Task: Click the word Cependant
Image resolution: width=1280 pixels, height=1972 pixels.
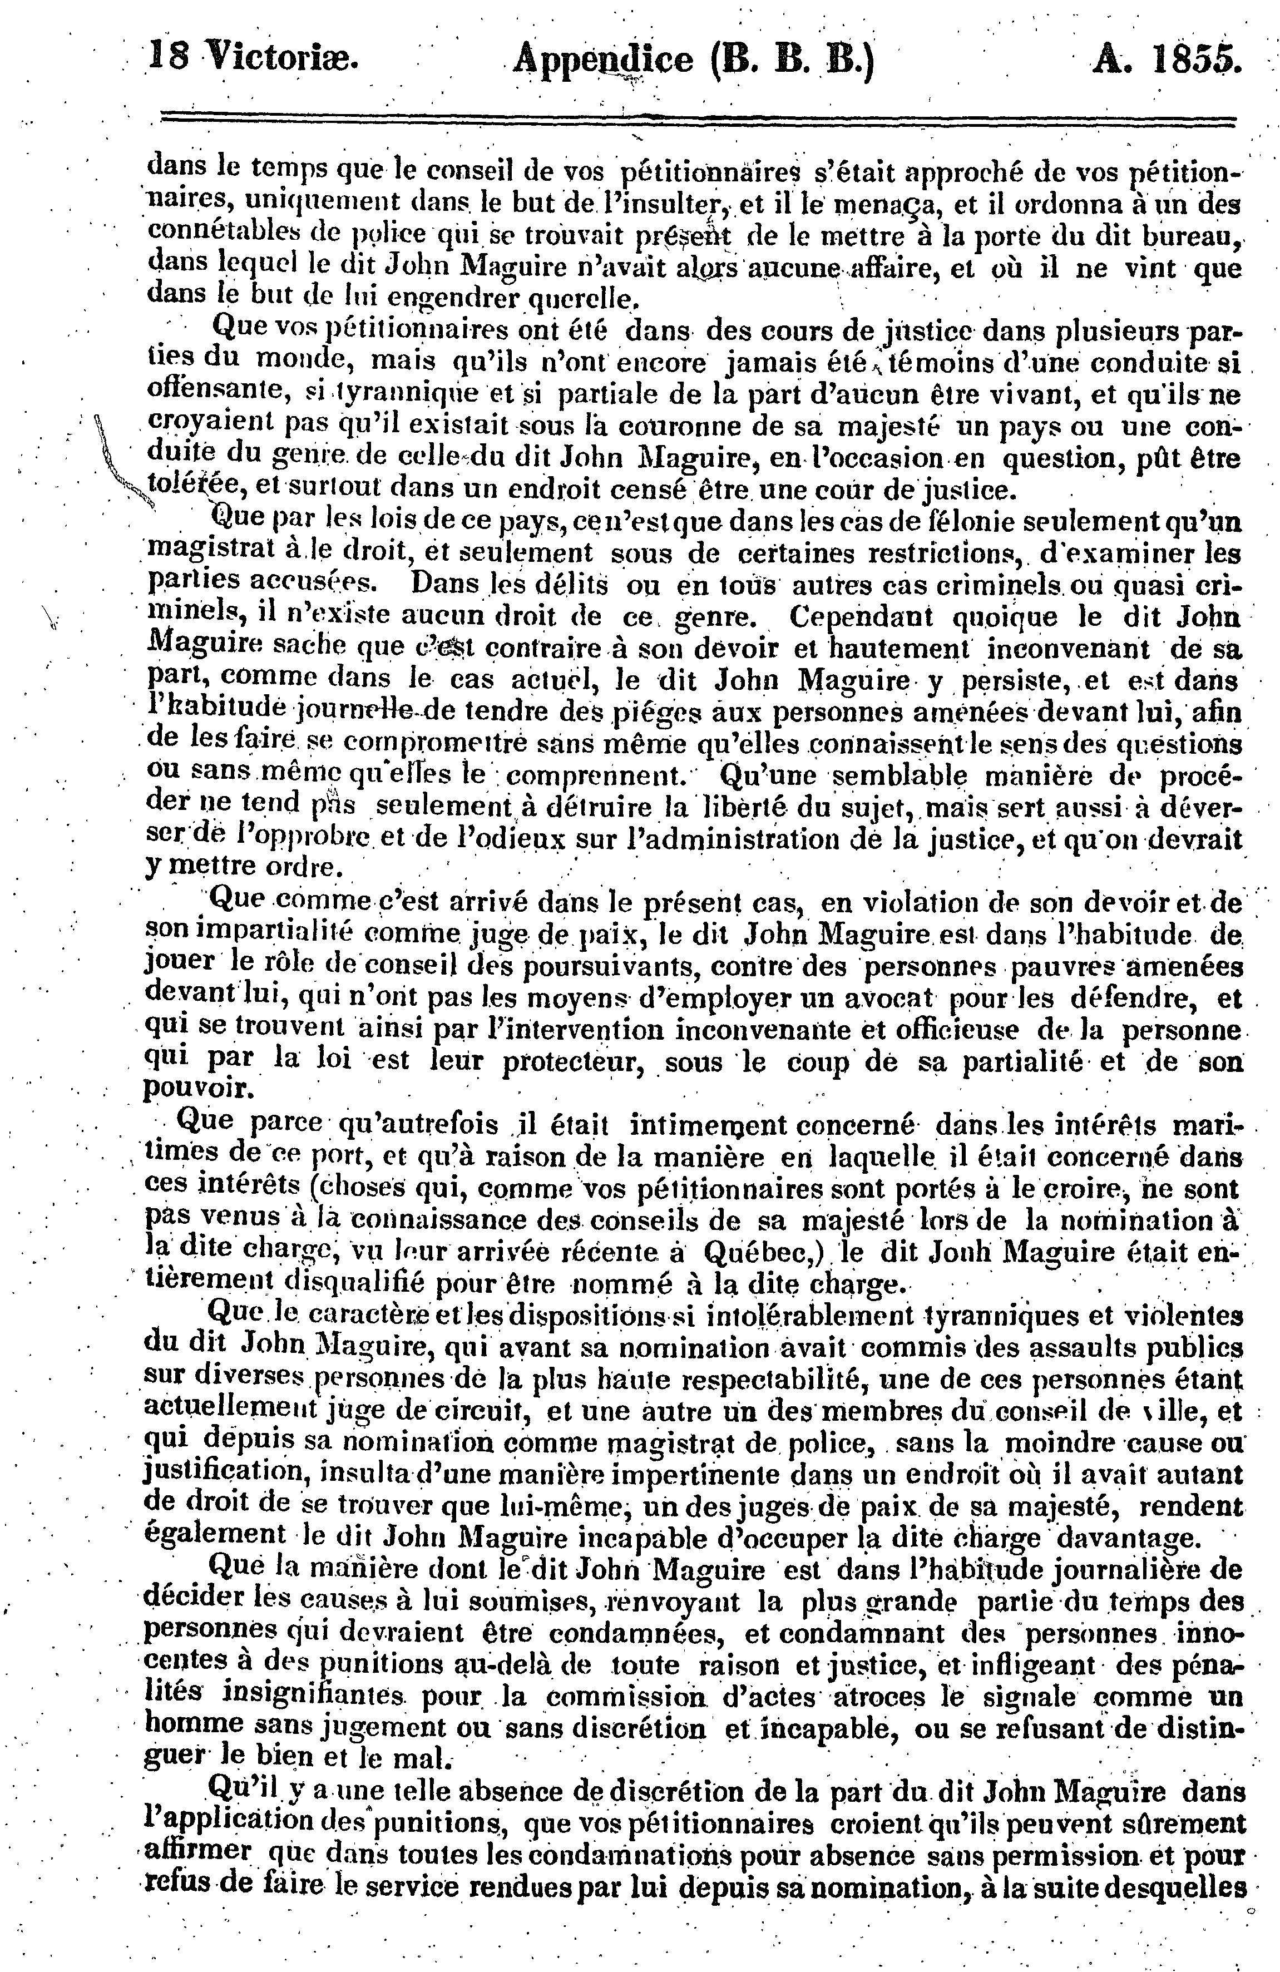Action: click(x=862, y=617)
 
